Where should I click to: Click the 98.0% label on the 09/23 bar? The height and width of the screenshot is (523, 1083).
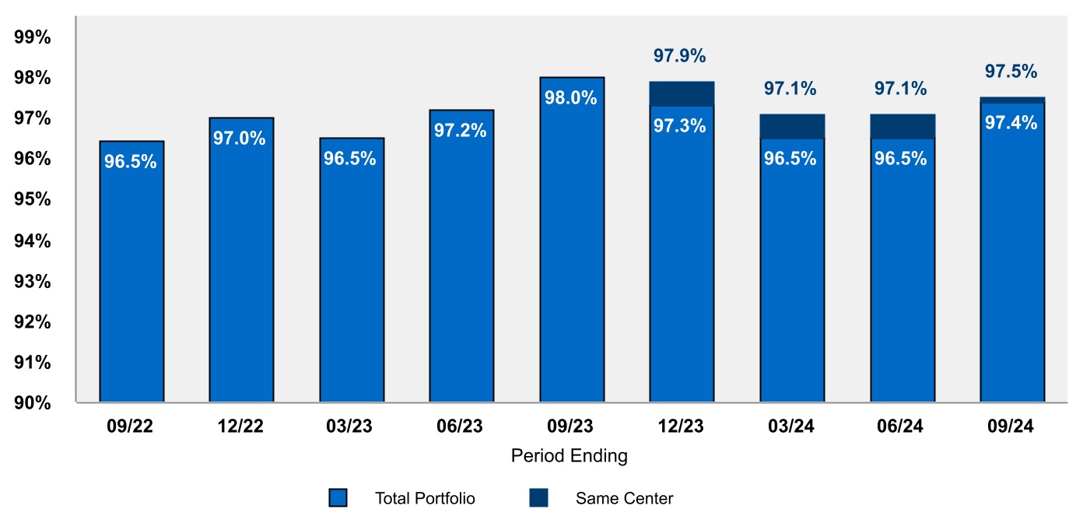point(571,98)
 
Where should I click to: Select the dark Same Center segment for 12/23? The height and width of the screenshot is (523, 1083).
point(682,93)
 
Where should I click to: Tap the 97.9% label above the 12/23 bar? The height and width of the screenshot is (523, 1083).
point(679,56)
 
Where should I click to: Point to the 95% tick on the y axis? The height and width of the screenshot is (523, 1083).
point(33,199)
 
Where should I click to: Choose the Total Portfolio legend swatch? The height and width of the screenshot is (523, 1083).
point(338,498)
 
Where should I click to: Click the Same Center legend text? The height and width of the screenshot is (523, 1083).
point(624,498)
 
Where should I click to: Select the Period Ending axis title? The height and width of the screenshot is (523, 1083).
point(569,456)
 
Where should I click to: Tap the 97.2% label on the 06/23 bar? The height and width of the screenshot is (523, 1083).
point(461,131)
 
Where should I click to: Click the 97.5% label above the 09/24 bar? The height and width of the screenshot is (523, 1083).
point(1011,72)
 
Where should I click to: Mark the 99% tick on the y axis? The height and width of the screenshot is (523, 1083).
point(33,37)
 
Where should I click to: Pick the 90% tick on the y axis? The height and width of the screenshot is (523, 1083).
point(33,402)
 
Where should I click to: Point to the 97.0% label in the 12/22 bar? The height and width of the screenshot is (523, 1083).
point(240,139)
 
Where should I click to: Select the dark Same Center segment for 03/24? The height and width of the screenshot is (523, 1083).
point(792,126)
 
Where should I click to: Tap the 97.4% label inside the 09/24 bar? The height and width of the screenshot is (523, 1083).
point(1011,122)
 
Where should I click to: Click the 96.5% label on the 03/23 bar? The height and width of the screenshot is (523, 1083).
point(350,159)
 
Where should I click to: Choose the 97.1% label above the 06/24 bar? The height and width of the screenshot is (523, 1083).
point(901,89)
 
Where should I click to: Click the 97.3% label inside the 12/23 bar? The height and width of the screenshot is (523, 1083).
point(679,125)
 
